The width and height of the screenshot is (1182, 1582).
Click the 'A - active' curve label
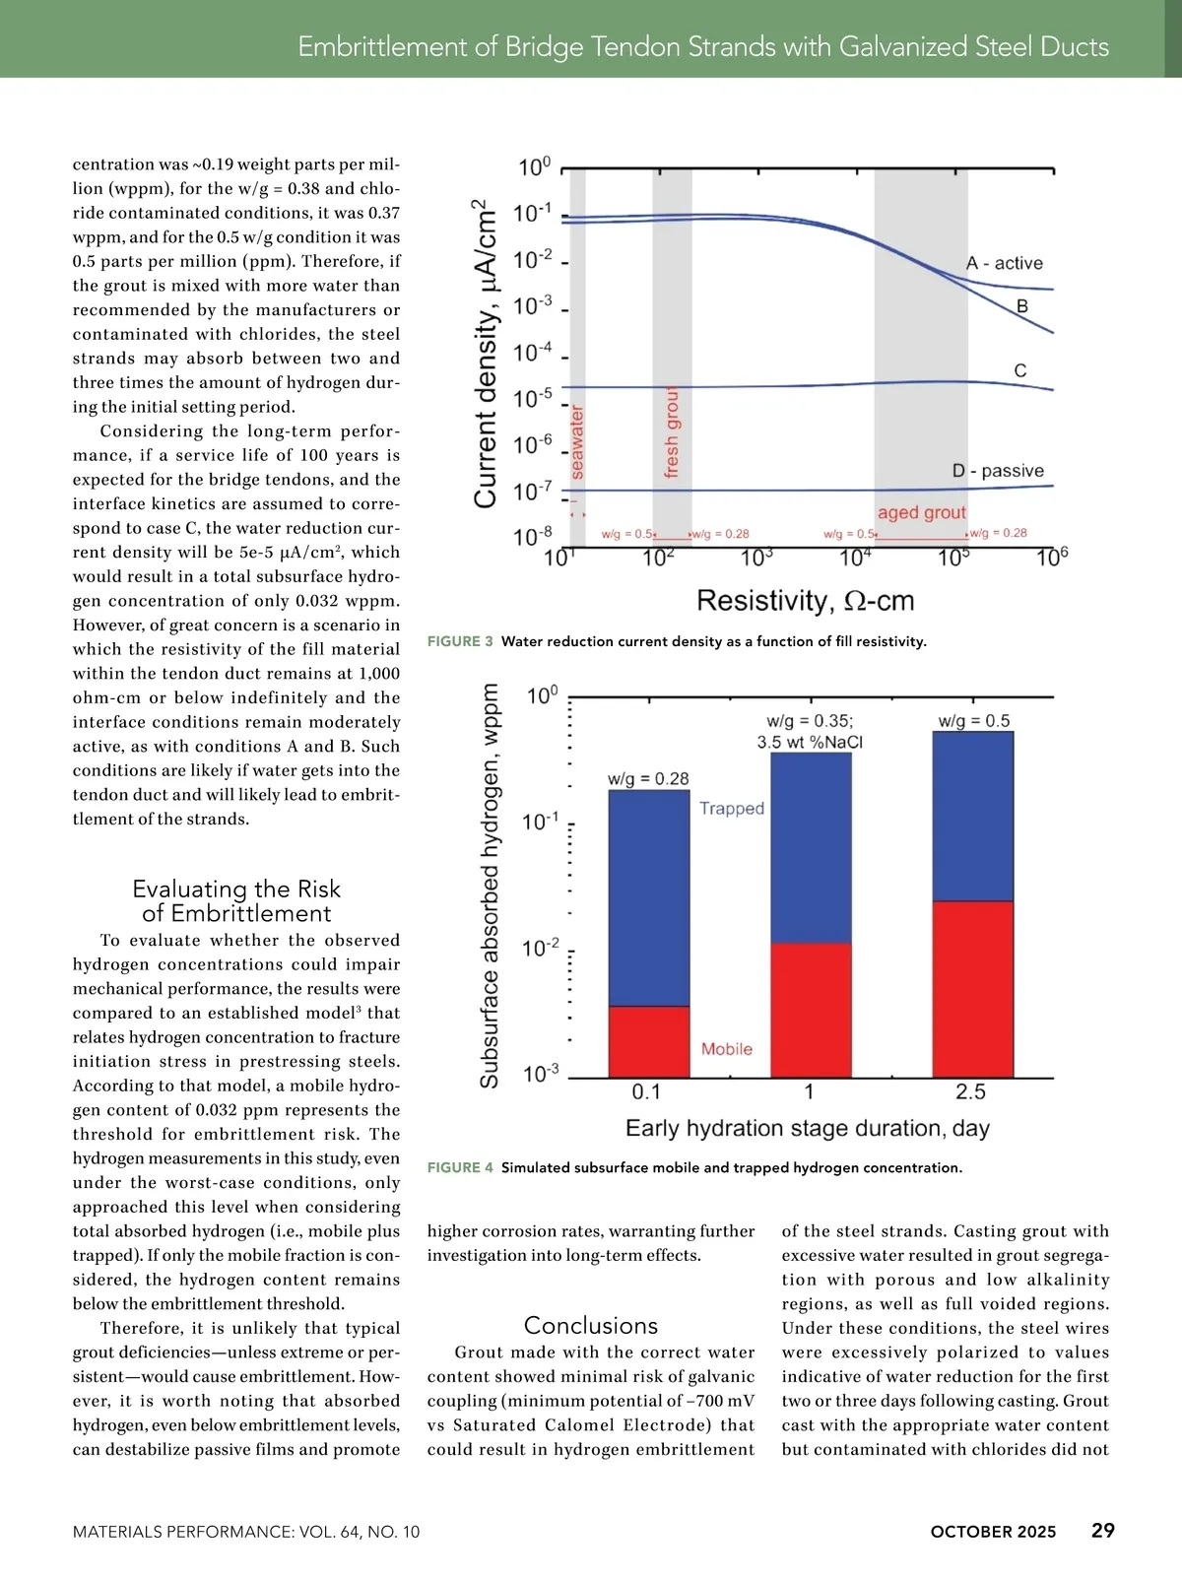(1004, 263)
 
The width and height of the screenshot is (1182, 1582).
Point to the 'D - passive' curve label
(998, 471)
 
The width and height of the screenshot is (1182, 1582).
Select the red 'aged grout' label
(922, 512)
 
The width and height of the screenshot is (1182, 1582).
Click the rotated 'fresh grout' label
(672, 433)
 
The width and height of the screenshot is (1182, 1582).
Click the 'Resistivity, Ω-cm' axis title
(805, 600)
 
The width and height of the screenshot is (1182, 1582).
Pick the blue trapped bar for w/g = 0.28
(649, 896)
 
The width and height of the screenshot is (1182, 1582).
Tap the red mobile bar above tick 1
(811, 1010)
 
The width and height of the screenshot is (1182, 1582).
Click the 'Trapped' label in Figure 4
(732, 808)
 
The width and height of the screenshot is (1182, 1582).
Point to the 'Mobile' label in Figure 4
(726, 1049)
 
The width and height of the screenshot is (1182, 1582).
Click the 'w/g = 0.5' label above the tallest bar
(973, 721)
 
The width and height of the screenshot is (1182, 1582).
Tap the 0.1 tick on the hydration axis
(646, 1091)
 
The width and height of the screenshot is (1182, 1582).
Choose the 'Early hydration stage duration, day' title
(808, 1128)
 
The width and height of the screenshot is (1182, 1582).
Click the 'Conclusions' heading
(591, 1325)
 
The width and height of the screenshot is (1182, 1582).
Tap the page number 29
(1102, 1530)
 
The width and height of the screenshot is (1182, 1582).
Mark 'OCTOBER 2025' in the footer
(993, 1532)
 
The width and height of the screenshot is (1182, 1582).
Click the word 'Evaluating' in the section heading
(188, 889)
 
